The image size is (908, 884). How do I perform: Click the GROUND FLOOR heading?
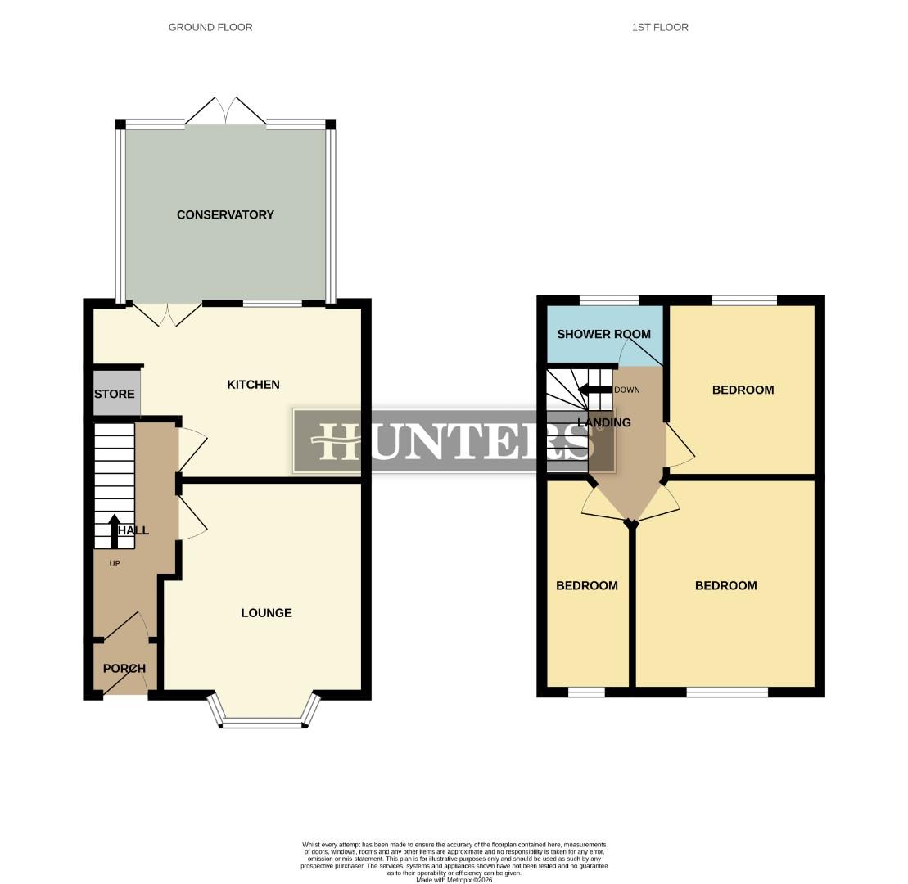pos(210,27)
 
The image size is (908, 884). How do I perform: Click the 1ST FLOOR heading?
pos(660,27)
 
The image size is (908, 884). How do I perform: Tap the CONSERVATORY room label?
pos(225,214)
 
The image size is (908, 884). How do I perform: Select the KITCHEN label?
pos(253,384)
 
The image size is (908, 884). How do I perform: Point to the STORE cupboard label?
pos(115,394)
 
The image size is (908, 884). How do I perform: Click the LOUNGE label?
pos(266,612)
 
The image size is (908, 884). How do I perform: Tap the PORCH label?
pos(124,668)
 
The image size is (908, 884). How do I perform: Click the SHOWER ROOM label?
pos(603,334)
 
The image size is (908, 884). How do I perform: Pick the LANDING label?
pos(604,422)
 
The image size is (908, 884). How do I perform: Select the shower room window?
pos(609,300)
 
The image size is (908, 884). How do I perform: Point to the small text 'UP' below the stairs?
pos(115,563)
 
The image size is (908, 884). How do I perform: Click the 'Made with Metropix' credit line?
pos(454,880)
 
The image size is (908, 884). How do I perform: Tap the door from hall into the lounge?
pos(191,519)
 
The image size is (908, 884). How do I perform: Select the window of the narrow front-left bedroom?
pos(586,692)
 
